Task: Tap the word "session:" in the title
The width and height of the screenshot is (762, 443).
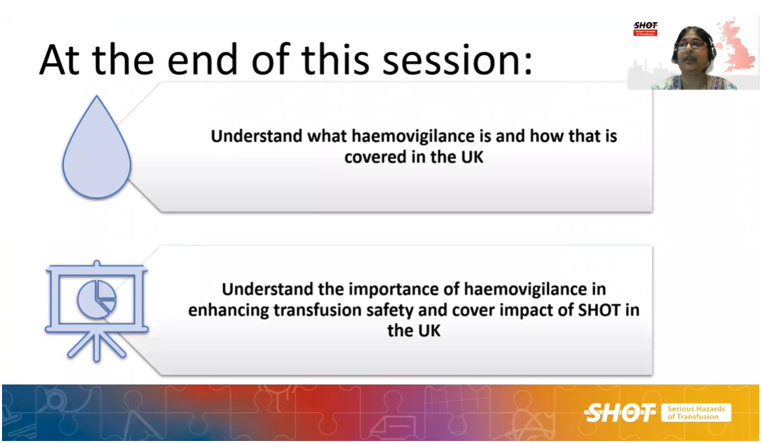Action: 457,60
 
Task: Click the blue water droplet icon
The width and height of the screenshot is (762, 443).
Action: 96,149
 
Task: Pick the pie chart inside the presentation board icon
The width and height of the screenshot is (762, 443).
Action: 96,299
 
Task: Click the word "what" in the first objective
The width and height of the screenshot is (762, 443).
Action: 327,136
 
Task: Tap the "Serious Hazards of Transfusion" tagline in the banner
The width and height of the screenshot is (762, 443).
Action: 697,413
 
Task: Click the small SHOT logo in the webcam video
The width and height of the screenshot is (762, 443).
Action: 645,29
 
